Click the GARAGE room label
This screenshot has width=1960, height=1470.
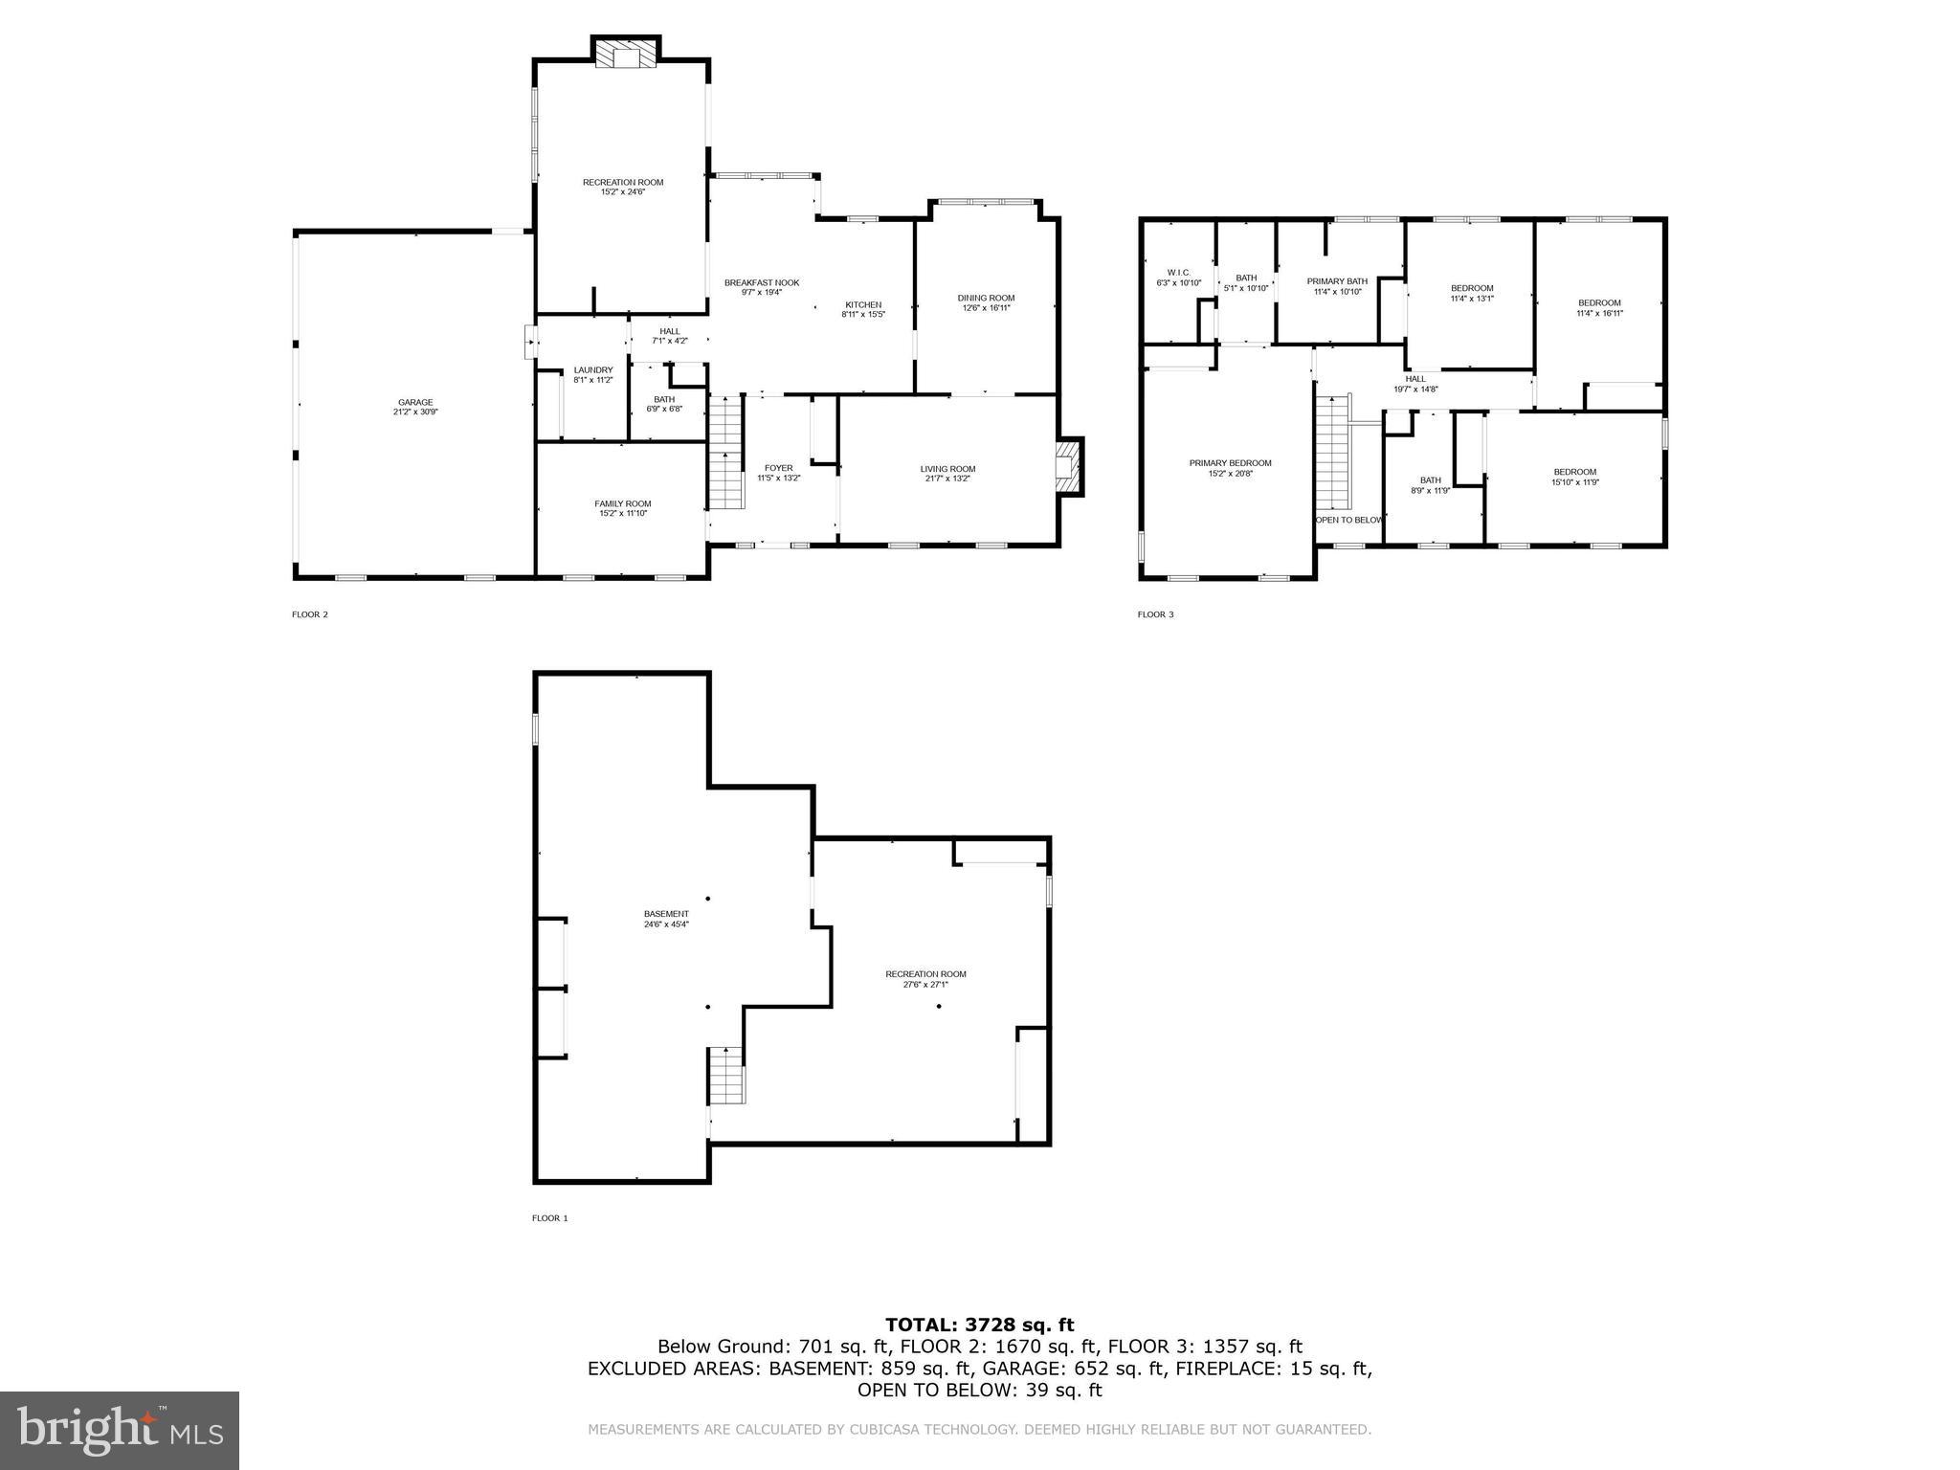point(415,402)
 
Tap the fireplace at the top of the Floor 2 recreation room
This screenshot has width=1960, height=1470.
point(627,53)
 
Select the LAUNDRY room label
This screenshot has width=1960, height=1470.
point(592,370)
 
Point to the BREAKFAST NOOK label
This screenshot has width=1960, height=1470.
point(761,282)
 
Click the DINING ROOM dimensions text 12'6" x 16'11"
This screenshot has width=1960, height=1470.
point(986,308)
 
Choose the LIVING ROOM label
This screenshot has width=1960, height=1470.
point(947,469)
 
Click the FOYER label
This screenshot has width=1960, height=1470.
point(778,468)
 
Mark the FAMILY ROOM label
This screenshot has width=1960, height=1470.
point(622,503)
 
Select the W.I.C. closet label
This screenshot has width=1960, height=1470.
point(1178,273)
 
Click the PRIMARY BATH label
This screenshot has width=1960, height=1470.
point(1337,281)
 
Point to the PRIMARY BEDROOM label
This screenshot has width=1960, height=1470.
point(1230,463)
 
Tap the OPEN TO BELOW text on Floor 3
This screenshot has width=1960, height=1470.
point(1349,520)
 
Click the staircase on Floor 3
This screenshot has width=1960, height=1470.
point(1331,453)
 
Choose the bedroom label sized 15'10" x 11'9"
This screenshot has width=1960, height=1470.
point(1574,472)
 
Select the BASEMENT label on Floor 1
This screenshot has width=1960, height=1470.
point(666,914)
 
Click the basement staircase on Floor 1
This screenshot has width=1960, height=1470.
point(726,1075)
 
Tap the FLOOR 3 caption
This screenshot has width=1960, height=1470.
point(1155,614)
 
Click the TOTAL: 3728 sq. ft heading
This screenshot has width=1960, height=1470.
point(979,1325)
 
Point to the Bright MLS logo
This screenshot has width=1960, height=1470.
point(120,1431)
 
